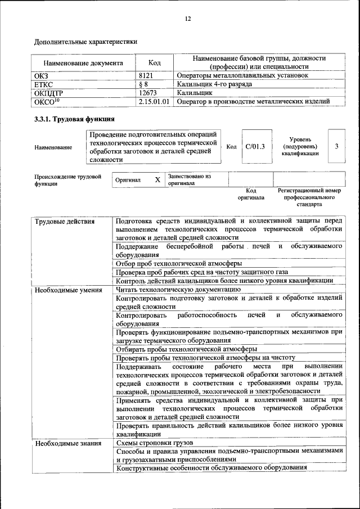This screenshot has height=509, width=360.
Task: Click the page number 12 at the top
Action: (188, 19)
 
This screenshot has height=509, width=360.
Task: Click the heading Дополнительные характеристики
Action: (85, 42)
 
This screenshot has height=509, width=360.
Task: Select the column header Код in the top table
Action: (154, 63)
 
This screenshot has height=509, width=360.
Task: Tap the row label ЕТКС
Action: (44, 84)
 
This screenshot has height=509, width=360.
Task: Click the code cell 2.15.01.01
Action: (154, 102)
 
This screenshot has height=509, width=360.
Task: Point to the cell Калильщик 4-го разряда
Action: (214, 84)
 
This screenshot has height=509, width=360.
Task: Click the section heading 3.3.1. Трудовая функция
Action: (74, 119)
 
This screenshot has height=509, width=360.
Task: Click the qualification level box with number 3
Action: (336, 147)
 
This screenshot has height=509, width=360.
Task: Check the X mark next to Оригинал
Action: (157, 180)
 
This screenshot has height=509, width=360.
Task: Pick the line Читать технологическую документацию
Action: (178, 290)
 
